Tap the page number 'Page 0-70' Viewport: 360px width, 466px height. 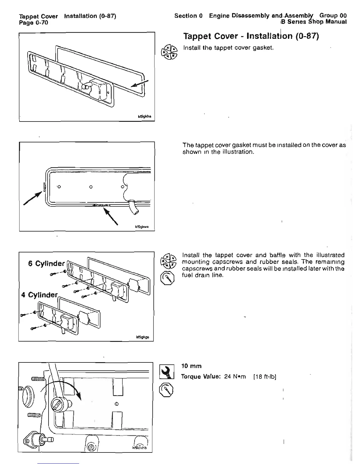point(33,22)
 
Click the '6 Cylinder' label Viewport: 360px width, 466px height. point(46,263)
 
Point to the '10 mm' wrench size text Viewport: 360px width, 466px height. point(191,366)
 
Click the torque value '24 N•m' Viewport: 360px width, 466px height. point(235,377)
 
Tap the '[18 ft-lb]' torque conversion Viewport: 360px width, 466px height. point(264,377)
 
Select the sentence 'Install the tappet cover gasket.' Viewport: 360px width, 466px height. point(228,47)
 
